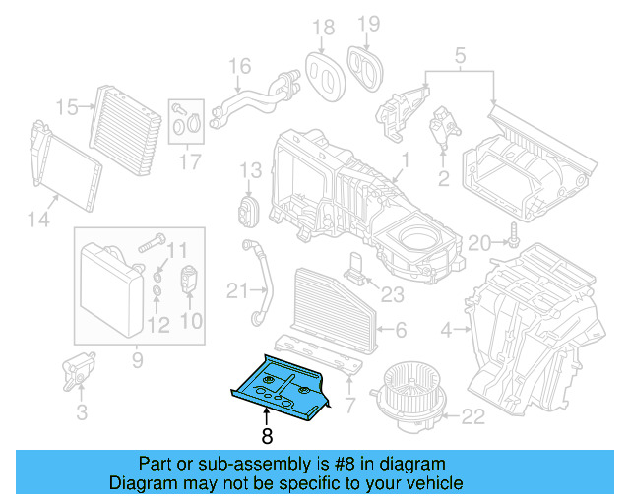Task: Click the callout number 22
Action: point(473,416)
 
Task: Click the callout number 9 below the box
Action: point(137,360)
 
